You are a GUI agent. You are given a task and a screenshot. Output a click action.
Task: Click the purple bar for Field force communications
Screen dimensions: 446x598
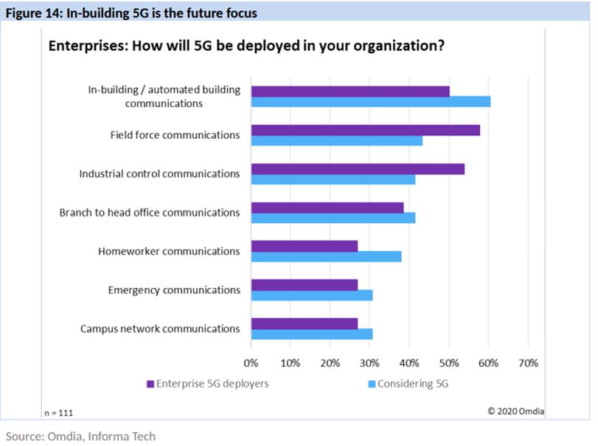click(366, 130)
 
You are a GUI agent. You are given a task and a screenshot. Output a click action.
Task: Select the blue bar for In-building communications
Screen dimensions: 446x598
click(371, 102)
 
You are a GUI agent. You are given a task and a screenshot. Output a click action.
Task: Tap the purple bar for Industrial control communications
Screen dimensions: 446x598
click(358, 168)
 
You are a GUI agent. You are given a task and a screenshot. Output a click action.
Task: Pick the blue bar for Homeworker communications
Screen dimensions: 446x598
click(327, 256)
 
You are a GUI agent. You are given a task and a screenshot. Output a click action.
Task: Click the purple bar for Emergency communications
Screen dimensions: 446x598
click(305, 284)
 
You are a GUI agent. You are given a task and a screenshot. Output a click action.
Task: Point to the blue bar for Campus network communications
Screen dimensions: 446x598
click(312, 334)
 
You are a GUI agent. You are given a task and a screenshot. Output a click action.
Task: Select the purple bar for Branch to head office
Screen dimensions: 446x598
click(327, 207)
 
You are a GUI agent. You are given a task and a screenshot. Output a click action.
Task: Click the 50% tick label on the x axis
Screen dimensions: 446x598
click(448, 363)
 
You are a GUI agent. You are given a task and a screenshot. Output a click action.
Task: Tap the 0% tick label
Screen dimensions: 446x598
click(251, 363)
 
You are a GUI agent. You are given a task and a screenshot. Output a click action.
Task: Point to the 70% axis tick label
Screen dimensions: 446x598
click(528, 363)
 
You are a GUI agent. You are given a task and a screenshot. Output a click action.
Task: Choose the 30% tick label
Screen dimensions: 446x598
click(369, 363)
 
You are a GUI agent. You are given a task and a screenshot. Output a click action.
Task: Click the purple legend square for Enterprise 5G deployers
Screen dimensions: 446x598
click(150, 384)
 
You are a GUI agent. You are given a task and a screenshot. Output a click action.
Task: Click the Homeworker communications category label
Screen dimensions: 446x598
click(169, 251)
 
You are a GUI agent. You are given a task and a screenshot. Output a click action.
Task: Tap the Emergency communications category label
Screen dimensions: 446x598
click(174, 289)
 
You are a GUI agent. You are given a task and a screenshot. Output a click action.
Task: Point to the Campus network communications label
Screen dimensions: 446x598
click(159, 329)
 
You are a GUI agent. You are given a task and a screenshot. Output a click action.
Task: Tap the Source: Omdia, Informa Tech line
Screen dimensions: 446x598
click(80, 436)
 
